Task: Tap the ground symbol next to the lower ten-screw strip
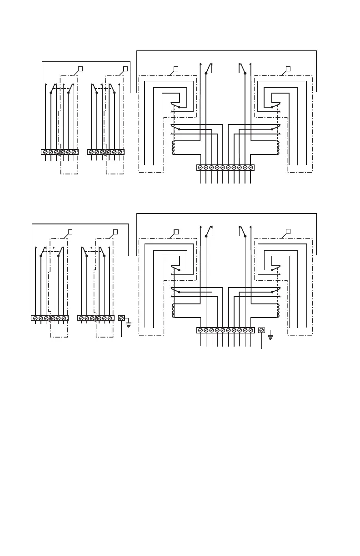[270, 336]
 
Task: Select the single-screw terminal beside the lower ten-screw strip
[262, 330]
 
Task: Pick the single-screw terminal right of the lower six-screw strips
[121, 318]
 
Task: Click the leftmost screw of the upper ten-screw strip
[200, 168]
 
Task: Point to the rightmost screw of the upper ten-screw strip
[250, 168]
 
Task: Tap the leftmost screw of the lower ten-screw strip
[200, 330]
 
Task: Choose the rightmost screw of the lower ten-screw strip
[250, 330]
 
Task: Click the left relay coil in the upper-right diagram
[173, 148]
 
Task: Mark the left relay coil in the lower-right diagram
[173, 311]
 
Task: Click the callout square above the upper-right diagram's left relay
[176, 69]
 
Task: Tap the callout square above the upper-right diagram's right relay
[288, 69]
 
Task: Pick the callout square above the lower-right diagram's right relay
[288, 232]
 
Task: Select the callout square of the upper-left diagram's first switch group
[80, 69]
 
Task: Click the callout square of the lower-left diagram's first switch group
[70, 232]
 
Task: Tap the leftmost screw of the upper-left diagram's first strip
[45, 152]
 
